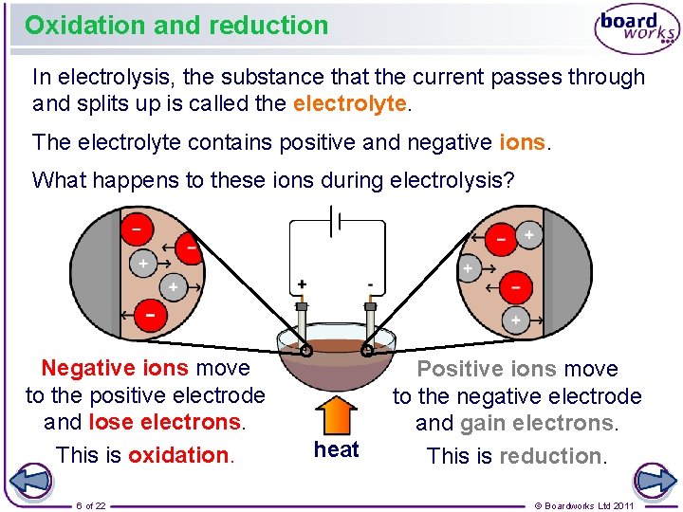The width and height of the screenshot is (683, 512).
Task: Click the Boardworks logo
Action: (637, 30)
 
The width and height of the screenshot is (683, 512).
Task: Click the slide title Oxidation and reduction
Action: (176, 25)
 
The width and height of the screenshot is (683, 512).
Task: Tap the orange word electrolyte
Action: (350, 103)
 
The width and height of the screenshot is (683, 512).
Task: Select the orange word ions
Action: (522, 142)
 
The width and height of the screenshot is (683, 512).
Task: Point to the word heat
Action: (337, 449)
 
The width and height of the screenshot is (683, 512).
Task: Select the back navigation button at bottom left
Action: (30, 480)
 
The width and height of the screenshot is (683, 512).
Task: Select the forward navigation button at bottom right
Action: (654, 480)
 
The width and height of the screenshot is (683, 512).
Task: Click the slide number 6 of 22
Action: (91, 505)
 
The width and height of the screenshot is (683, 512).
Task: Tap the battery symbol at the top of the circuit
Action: (334, 224)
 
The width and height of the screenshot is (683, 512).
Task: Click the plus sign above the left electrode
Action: (302, 283)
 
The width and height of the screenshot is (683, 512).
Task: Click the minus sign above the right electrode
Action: (370, 283)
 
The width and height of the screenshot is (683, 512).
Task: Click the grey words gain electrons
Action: (537, 423)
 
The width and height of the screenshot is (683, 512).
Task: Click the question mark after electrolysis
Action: (508, 179)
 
